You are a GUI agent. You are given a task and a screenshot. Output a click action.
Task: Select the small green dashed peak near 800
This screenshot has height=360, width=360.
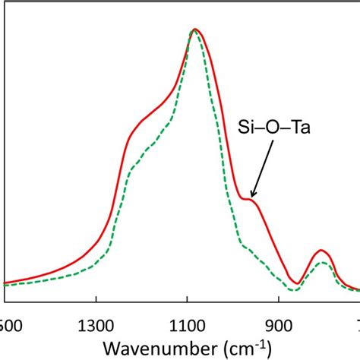pyautogui.click(x=322, y=263)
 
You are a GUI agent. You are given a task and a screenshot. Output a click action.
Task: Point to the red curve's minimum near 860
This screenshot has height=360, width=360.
pyautogui.click(x=297, y=283)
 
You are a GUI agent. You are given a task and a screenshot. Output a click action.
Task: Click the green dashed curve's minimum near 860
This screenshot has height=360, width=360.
pyautogui.click(x=296, y=289)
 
